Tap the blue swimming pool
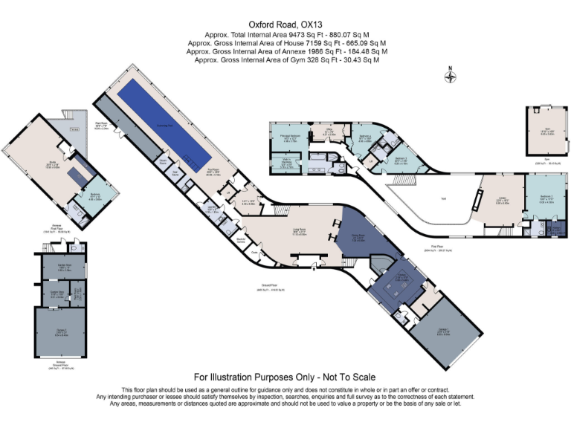(x=170, y=123)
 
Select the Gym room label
(x=547, y=130)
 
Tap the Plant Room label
(x=101, y=127)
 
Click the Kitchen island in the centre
(x=399, y=283)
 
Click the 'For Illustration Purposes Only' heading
(x=285, y=377)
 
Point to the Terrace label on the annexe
(x=72, y=129)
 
